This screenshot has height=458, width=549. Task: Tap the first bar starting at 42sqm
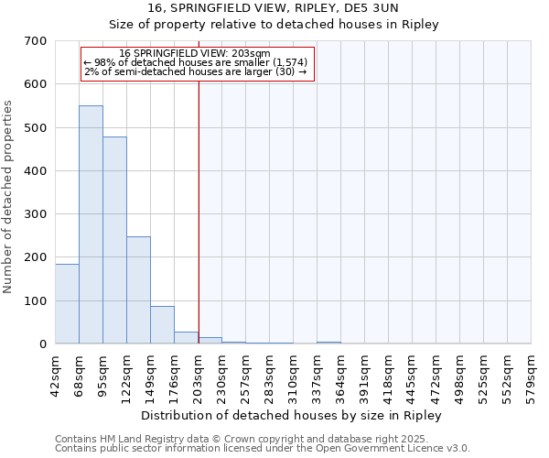(67, 303)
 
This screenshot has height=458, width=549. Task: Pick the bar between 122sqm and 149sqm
(138, 289)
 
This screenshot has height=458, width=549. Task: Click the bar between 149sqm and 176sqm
(162, 324)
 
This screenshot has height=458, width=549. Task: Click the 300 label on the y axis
(36, 214)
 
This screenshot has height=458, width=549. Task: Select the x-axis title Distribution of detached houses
(293, 415)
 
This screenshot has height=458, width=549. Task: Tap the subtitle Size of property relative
(292, 25)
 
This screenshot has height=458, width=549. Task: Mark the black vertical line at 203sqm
(199, 211)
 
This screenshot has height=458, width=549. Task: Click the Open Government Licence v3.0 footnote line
(263, 449)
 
